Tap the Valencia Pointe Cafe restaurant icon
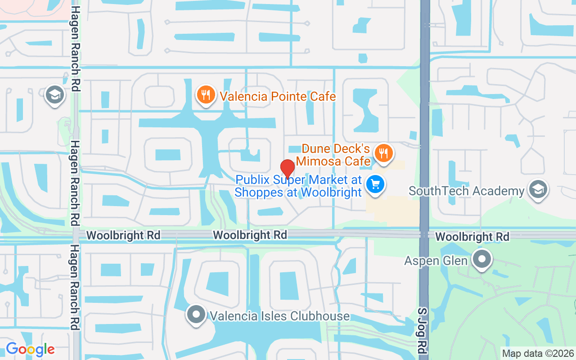pyautogui.click(x=205, y=94)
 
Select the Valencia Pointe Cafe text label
pyautogui.click(x=278, y=96)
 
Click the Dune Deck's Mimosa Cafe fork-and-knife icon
pyautogui.click(x=383, y=153)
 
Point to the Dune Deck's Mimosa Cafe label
pyautogui.click(x=336, y=155)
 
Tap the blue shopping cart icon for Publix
pyautogui.click(x=375, y=184)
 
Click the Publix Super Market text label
pyautogui.click(x=298, y=186)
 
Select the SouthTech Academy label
pyautogui.click(x=466, y=191)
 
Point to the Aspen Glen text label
pyautogui.click(x=436, y=261)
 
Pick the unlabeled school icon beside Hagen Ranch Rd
pyautogui.click(x=55, y=94)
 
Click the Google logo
pyautogui.click(x=30, y=349)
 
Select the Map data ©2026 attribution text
pyautogui.click(x=537, y=353)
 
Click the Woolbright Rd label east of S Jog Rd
pyautogui.click(x=472, y=237)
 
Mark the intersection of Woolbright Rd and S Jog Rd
pyautogui.click(x=424, y=234)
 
